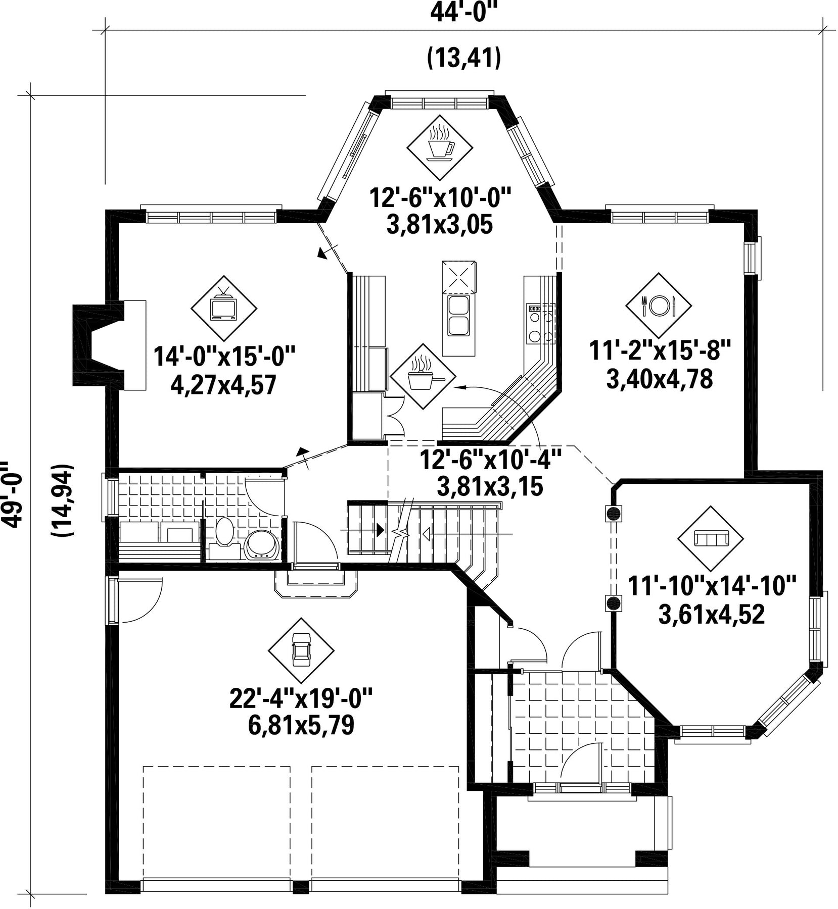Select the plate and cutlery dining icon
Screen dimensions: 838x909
pos(658,306)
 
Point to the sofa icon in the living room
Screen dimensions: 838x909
pos(710,539)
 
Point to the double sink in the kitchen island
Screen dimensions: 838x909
pos(458,315)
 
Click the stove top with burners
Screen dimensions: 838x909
pos(541,323)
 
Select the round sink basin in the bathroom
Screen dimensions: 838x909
pos(261,545)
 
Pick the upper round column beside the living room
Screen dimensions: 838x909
pos(613,514)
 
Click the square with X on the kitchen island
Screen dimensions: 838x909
pos(459,277)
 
